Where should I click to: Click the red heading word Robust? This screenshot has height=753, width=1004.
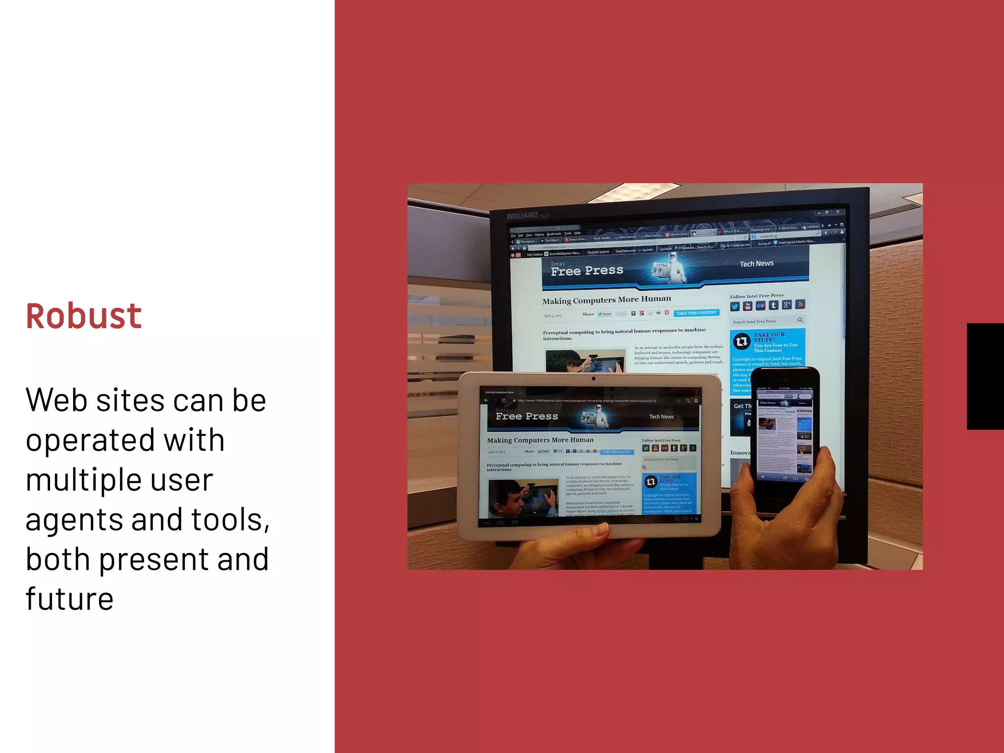[x=84, y=316]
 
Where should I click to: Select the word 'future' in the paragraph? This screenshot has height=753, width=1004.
[x=70, y=599]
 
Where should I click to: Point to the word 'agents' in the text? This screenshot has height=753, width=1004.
[x=74, y=521]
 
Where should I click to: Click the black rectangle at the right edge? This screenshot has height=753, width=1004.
[x=985, y=376]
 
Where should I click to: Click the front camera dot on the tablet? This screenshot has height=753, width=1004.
[x=594, y=378]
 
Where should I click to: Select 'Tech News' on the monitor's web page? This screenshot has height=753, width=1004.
[x=756, y=264]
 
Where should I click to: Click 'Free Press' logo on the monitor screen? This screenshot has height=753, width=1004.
[x=587, y=271]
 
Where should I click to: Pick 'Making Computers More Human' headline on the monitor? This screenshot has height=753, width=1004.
[x=606, y=300]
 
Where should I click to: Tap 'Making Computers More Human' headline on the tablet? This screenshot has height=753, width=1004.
[x=540, y=440]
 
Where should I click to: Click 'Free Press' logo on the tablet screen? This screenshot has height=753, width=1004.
[x=527, y=416]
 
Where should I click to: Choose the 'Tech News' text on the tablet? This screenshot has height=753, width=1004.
[x=661, y=417]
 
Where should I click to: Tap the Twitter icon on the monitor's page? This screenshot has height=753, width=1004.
[x=734, y=306]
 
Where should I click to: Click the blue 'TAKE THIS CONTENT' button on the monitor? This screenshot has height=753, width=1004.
[x=696, y=313]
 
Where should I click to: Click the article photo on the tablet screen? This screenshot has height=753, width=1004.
[x=523, y=498]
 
